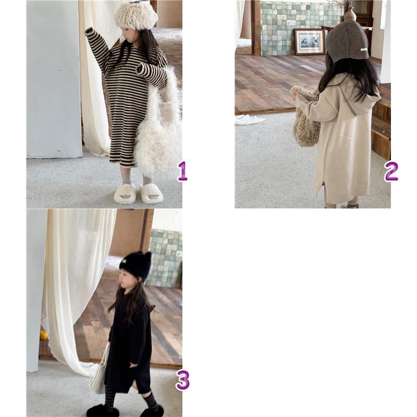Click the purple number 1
tap(183, 171)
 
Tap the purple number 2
tap(391, 171)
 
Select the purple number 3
tap(183, 380)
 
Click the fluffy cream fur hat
tap(136, 16)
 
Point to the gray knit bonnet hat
tap(347, 41)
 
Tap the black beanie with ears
tap(136, 265)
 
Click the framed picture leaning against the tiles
tap(310, 42)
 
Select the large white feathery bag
tap(157, 125)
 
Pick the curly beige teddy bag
tap(306, 117)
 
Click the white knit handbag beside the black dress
tap(100, 372)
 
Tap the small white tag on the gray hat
tap(363, 50)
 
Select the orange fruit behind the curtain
tap(44, 335)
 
